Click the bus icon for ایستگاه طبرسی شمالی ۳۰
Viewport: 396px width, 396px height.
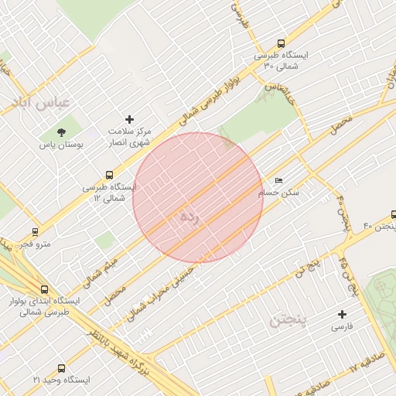280,44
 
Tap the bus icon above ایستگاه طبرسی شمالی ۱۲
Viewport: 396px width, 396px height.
108,176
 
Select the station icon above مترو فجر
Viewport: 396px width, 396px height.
35,232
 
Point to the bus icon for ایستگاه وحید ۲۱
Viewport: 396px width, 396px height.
62,369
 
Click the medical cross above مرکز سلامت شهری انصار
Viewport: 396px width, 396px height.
129,119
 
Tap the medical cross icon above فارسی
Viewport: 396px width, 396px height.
342,314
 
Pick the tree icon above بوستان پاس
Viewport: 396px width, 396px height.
61,132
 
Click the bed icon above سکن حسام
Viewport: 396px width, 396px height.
279,180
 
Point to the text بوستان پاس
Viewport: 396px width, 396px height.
61,145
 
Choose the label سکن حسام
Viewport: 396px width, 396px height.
279,193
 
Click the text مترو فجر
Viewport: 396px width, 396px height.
36,244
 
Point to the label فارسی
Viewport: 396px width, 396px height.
342,327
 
